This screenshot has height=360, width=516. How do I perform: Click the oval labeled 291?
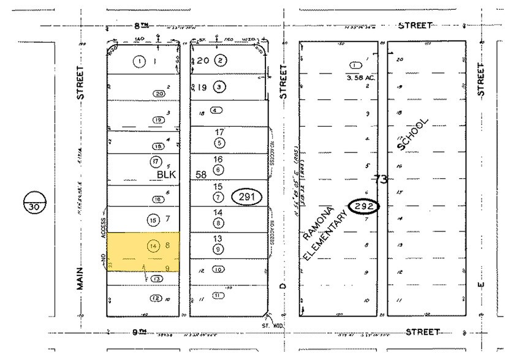click(246, 197)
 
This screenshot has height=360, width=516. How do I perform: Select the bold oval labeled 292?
click(364, 206)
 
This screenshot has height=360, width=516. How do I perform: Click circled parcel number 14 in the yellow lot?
click(153, 246)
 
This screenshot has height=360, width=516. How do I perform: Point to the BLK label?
click(166, 174)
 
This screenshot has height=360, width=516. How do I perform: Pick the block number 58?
click(200, 174)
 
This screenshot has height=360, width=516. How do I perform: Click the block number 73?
click(381, 179)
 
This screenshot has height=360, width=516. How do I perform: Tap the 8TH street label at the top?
click(142, 25)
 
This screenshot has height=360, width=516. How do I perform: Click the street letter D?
click(283, 286)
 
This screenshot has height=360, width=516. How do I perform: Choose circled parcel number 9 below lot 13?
click(218, 249)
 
